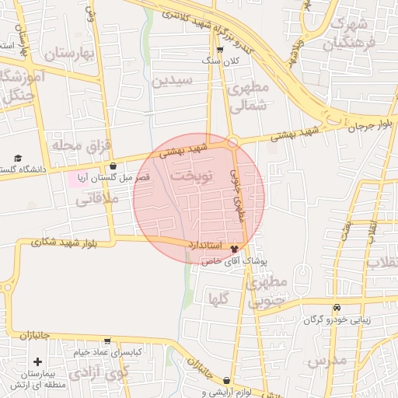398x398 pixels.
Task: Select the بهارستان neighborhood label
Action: tap(68, 54)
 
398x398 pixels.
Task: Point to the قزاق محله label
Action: tap(81, 145)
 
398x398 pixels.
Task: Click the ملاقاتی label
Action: tap(96, 200)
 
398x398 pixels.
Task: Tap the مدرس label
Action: tap(326, 361)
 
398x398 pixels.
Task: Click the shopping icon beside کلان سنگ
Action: tap(220, 50)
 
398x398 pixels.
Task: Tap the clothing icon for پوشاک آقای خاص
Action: tap(235, 249)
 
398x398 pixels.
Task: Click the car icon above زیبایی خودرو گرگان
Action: tap(337, 307)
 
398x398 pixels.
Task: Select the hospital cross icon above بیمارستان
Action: tap(37, 362)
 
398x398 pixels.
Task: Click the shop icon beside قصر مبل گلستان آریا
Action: tap(113, 166)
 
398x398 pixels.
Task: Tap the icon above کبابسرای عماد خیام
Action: tap(107, 341)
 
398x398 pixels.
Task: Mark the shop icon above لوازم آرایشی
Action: tap(226, 381)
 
